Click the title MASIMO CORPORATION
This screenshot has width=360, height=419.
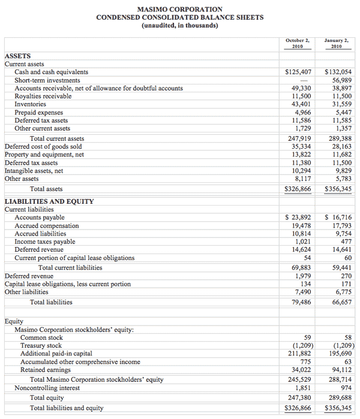click(179, 9)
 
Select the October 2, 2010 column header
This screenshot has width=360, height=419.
click(298, 43)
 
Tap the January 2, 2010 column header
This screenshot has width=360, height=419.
click(337, 43)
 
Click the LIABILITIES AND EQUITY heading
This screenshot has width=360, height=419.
click(49, 201)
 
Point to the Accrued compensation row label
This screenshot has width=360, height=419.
click(47, 226)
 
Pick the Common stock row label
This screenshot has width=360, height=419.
click(41, 337)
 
